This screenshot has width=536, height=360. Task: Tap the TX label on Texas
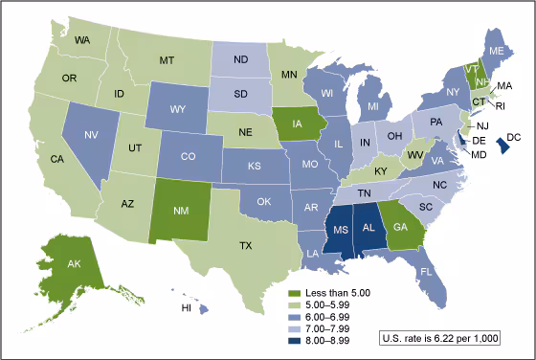(246, 246)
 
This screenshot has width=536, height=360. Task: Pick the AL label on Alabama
(368, 230)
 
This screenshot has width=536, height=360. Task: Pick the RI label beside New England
(504, 107)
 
